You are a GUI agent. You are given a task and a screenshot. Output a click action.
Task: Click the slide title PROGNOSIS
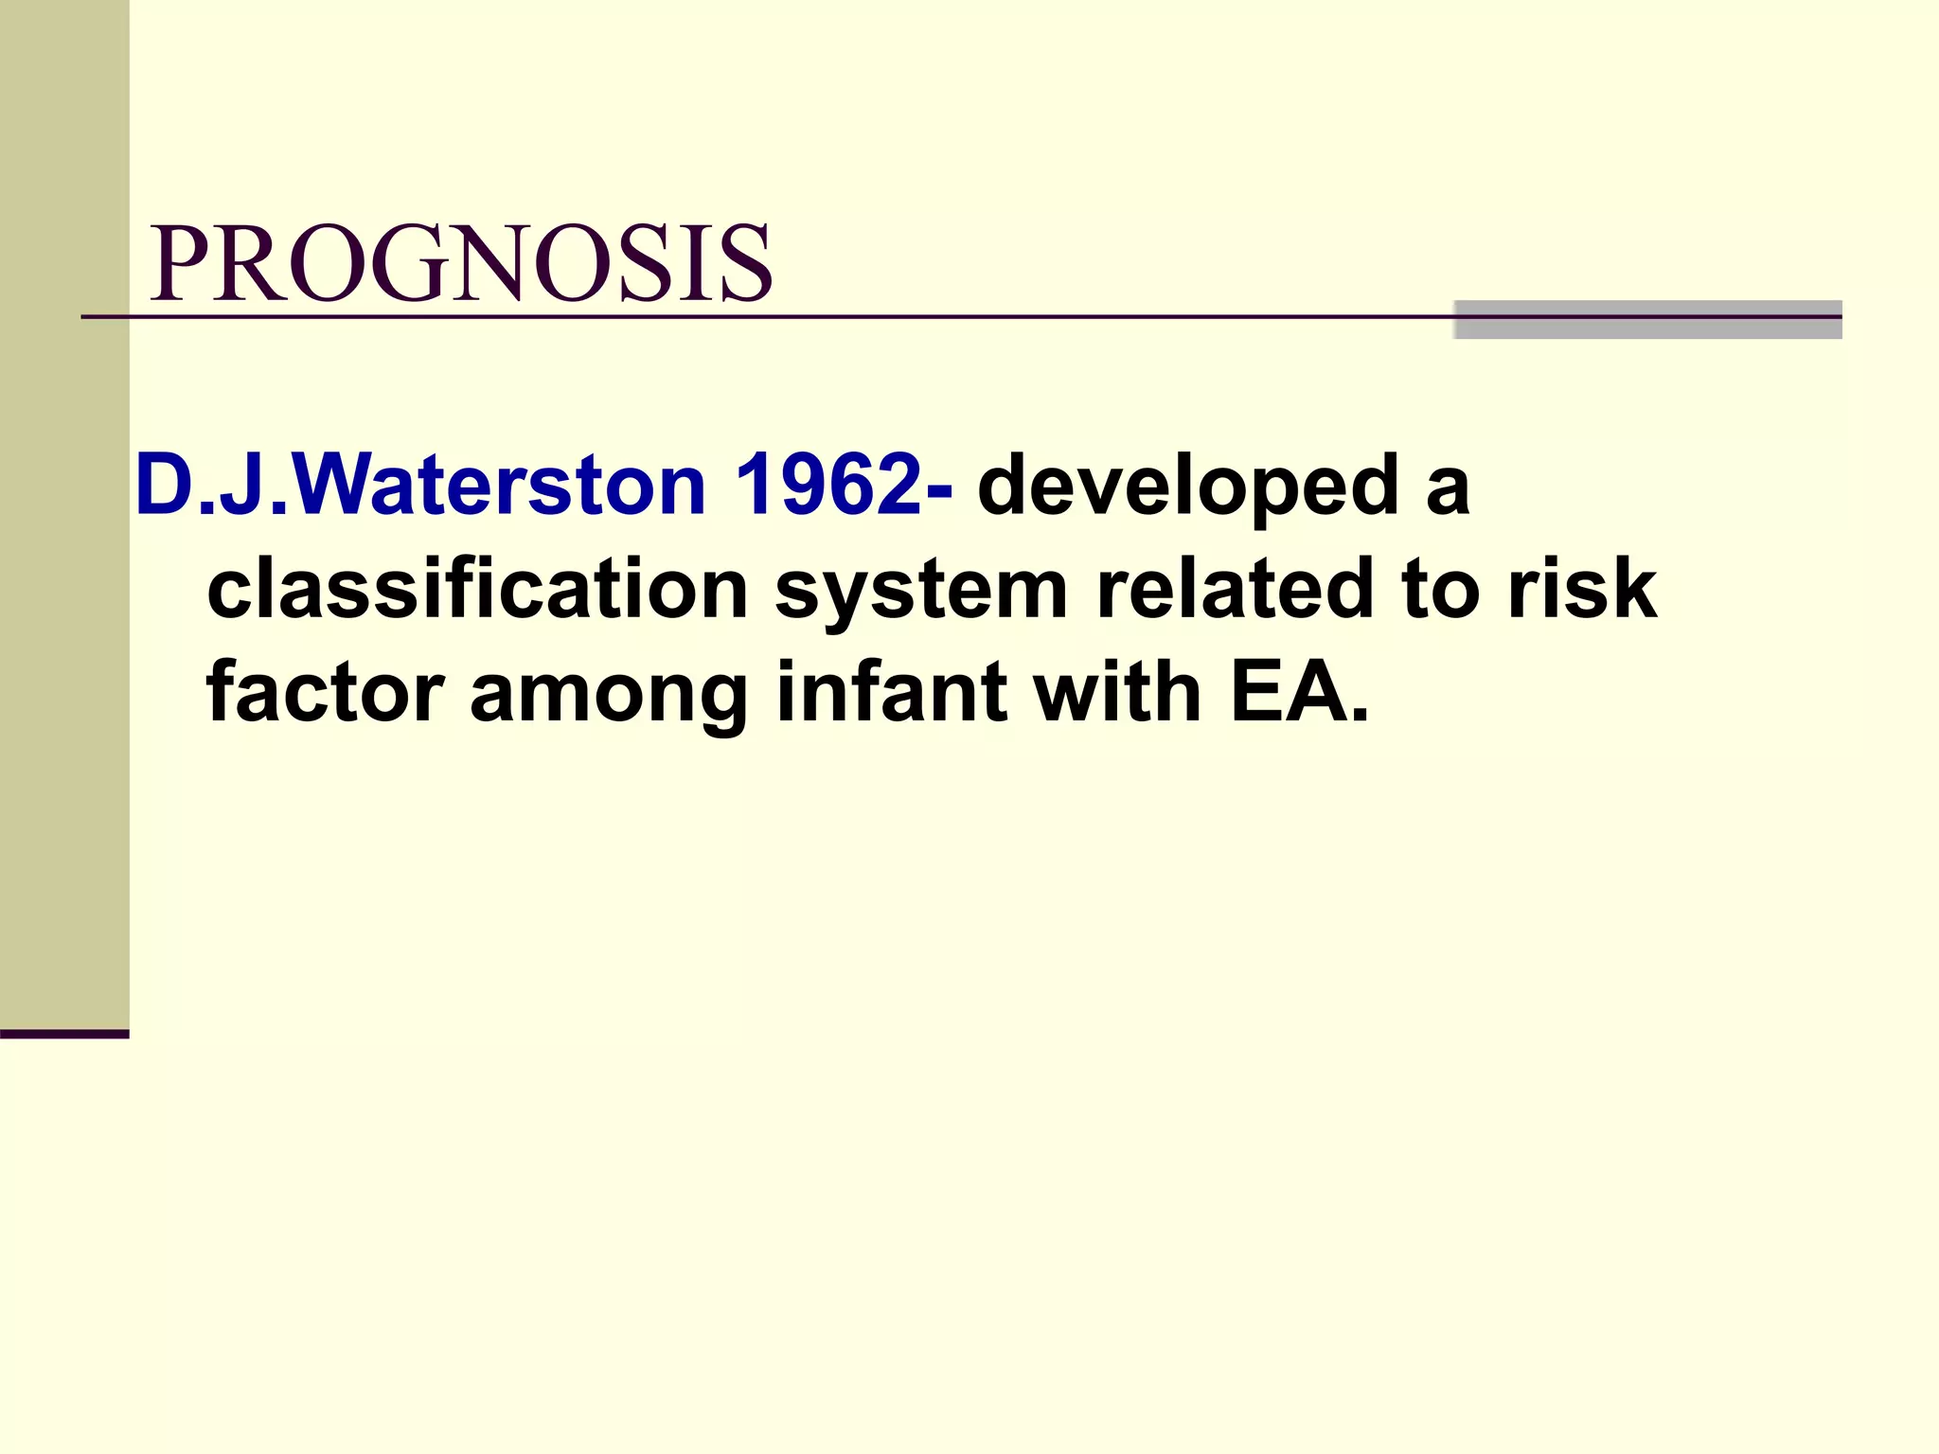pos(461,264)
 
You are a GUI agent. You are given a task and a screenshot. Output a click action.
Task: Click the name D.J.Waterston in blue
pos(420,486)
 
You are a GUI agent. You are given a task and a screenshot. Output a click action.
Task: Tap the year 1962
pos(826,486)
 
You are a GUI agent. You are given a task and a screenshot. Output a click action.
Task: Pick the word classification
pos(477,589)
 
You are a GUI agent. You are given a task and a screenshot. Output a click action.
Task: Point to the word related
pos(1234,589)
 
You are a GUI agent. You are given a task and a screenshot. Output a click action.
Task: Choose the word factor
pos(325,692)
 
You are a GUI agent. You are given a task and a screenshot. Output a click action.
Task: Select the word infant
pos(891,692)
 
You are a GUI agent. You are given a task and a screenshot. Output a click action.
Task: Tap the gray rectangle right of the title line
pos(1646,319)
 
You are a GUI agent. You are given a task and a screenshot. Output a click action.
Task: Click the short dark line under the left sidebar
pos(64,1034)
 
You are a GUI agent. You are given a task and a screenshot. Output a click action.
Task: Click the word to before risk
pos(1440,589)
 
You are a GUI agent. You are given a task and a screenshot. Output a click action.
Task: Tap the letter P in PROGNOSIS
pos(180,264)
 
